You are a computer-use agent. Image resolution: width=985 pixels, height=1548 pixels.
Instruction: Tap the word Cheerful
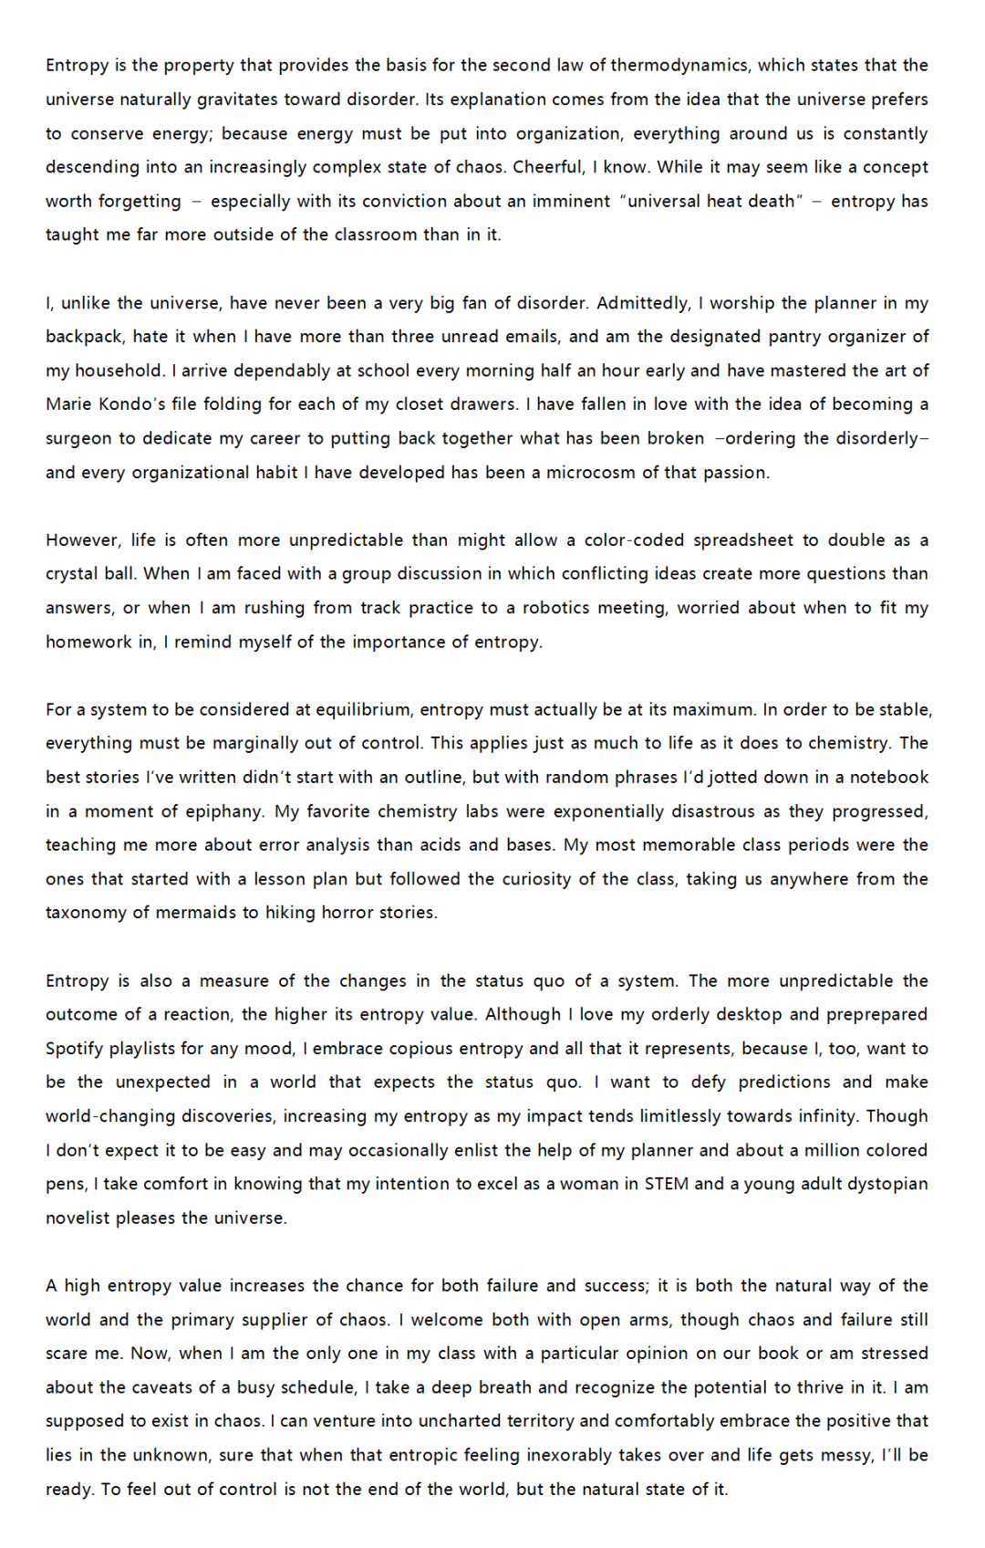(547, 167)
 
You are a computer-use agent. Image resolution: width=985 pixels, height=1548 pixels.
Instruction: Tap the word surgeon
(78, 438)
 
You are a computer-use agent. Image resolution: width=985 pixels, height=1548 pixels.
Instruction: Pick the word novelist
(78, 1219)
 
